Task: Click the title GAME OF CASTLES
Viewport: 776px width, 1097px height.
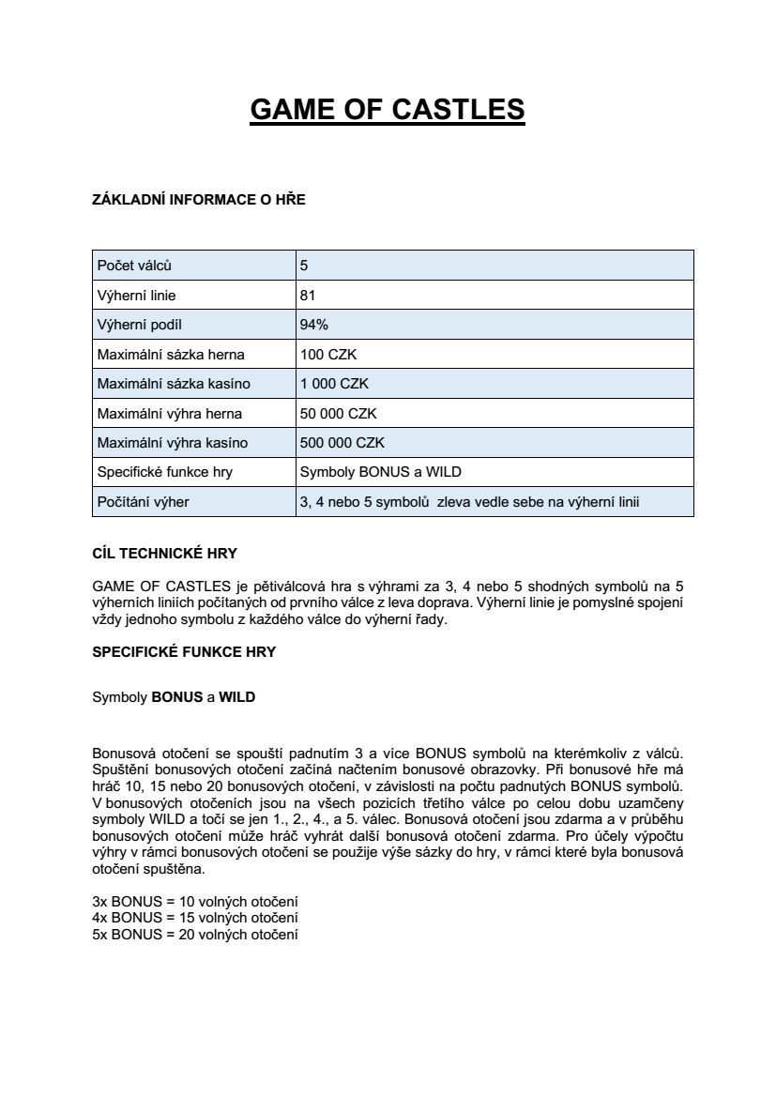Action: point(388,109)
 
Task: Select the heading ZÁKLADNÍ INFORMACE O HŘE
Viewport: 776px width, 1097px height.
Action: point(198,200)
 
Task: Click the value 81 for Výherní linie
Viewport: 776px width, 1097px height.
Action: point(308,296)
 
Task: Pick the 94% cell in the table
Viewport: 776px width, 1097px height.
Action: point(313,325)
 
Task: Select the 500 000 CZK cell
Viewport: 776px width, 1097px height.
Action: point(342,443)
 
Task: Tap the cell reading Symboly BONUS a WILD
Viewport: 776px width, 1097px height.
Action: point(380,472)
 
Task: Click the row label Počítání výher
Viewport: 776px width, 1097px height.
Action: point(144,502)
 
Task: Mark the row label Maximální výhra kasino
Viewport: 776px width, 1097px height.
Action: point(173,443)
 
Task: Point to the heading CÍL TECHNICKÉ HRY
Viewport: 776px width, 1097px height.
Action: point(171,554)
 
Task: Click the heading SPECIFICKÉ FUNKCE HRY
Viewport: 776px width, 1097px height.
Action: point(184,651)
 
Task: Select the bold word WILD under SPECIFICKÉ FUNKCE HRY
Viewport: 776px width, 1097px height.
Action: point(237,698)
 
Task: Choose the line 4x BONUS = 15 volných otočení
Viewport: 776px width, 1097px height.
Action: point(195,916)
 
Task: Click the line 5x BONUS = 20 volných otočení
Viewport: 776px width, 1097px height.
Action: point(195,935)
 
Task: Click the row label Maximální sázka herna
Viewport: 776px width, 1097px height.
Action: point(172,355)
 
